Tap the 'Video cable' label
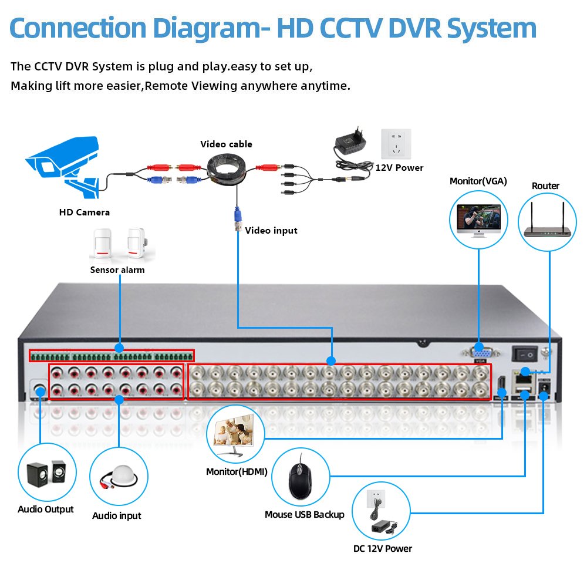(226, 144)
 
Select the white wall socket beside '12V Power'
(396, 144)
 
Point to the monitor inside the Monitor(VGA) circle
(478, 220)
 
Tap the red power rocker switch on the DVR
(525, 354)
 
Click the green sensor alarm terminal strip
(112, 356)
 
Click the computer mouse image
(300, 476)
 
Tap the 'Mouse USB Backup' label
(304, 515)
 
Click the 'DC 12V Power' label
(382, 549)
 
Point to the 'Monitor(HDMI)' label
(237, 471)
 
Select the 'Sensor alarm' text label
(117, 270)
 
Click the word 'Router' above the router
(545, 186)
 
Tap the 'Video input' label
(271, 231)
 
